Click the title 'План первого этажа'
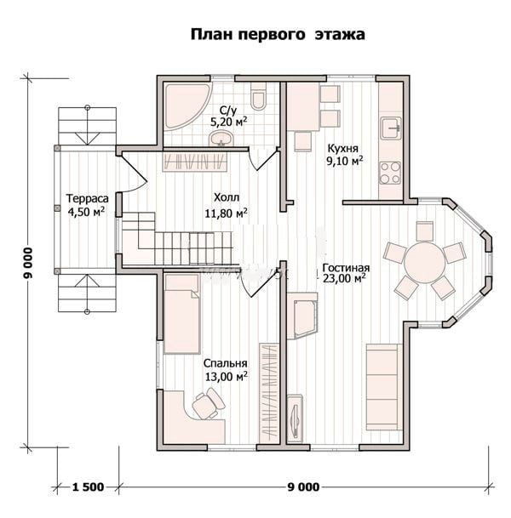pos(278,34)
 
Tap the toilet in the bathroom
pos(258,96)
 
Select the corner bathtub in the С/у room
pos(186,106)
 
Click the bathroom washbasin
pos(221,138)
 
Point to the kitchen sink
pos(391,128)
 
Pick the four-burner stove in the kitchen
pos(390,173)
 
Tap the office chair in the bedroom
pos(207,402)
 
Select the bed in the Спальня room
pos(182,314)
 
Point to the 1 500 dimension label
pos(88,487)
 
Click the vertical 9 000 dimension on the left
pos(29,264)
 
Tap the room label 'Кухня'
pos(342,148)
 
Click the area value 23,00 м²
pos(345,278)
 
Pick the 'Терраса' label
pos(88,198)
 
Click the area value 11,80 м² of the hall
pos(226,213)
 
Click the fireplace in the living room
pos(303,316)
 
